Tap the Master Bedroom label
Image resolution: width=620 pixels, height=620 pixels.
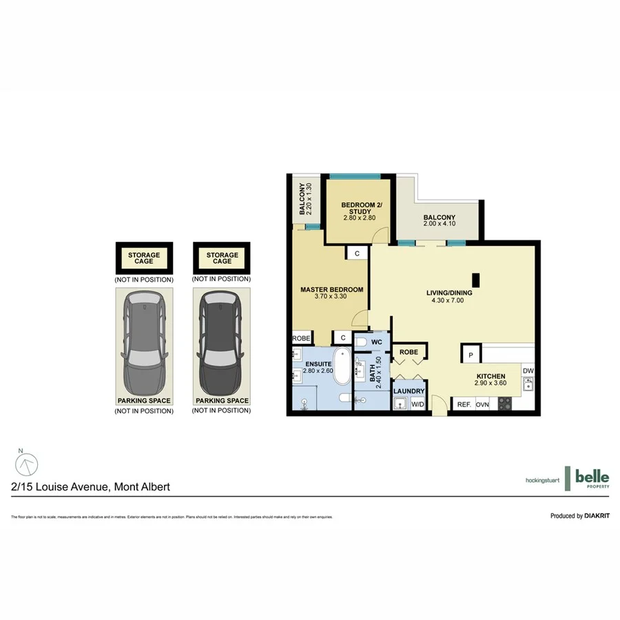pyautogui.click(x=331, y=289)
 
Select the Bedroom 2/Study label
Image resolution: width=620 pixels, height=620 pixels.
pyautogui.click(x=359, y=206)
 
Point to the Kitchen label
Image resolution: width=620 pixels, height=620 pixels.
pyautogui.click(x=492, y=377)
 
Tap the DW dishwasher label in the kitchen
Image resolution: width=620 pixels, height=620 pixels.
pyautogui.click(x=528, y=372)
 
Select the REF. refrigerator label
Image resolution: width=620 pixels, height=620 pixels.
pyautogui.click(x=464, y=404)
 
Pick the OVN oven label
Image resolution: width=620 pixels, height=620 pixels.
pyautogui.click(x=482, y=404)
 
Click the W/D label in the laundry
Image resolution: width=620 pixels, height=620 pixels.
pyautogui.click(x=418, y=404)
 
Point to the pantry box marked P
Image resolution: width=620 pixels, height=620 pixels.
pyautogui.click(x=471, y=354)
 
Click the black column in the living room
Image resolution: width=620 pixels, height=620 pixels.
pyautogui.click(x=475, y=280)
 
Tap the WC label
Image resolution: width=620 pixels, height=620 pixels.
pyautogui.click(x=377, y=342)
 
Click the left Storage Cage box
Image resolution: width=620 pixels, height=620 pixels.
pyautogui.click(x=144, y=259)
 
